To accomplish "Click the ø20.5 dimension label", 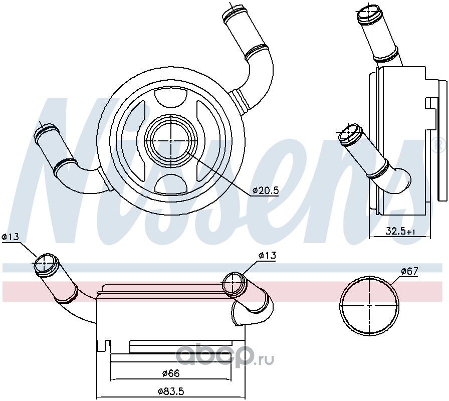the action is pyautogui.click(x=266, y=190).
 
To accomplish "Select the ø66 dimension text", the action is pyautogui.click(x=171, y=373).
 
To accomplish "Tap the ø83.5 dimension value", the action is pyautogui.click(x=171, y=391).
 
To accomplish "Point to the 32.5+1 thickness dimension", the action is pyautogui.click(x=400, y=231).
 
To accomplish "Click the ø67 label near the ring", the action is pyautogui.click(x=410, y=271).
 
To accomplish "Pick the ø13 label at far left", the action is pyautogui.click(x=11, y=237).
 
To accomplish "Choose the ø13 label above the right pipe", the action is pyautogui.click(x=267, y=255).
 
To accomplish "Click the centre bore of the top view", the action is pyautogui.click(x=171, y=141).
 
